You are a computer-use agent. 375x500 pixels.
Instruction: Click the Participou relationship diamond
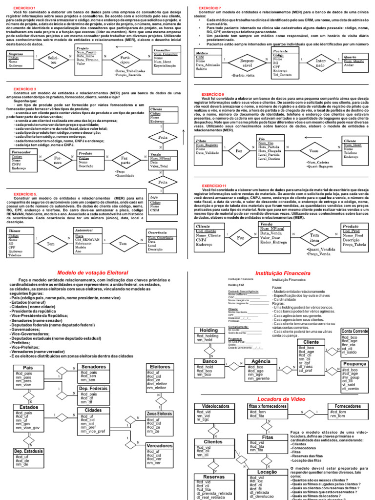pos(125,61)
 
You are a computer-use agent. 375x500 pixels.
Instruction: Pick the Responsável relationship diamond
pos(248,63)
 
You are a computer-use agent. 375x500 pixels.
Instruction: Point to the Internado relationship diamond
pos(319,63)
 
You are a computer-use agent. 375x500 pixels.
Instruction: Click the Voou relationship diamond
pos(314,150)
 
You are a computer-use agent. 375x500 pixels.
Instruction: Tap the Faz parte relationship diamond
pos(125,160)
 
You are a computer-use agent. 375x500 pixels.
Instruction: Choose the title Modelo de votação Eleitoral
pos(92,272)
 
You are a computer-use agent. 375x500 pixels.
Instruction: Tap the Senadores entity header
pos(93,367)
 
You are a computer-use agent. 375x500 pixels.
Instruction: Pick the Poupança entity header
pos(354,364)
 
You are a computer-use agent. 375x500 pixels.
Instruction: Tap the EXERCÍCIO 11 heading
pos(214,186)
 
